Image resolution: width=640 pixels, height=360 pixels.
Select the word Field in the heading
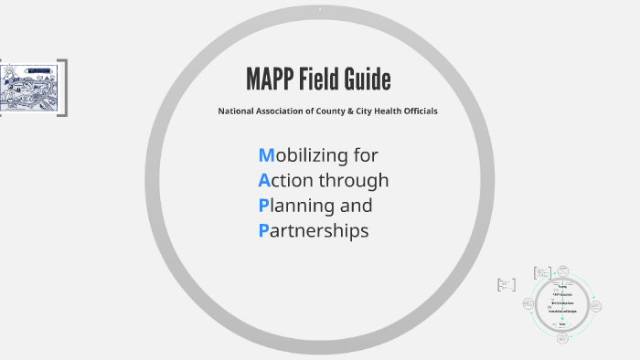point(322,80)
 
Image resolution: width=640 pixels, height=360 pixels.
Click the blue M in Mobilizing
point(266,154)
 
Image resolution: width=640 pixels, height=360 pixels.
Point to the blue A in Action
point(264,180)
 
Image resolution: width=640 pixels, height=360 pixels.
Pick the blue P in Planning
point(263,205)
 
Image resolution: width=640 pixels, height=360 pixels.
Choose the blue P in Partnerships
point(263,230)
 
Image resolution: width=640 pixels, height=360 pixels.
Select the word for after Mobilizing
point(365,154)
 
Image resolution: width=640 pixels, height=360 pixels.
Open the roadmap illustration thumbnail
point(32,87)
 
